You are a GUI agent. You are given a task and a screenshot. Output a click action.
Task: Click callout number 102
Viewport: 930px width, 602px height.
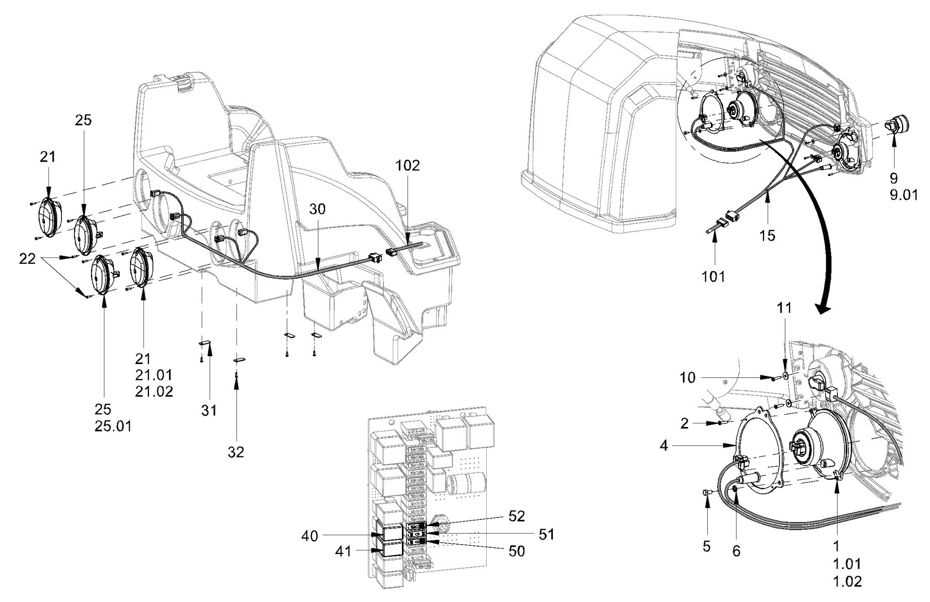pos(408,166)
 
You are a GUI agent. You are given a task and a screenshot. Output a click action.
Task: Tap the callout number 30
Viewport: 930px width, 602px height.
pos(318,209)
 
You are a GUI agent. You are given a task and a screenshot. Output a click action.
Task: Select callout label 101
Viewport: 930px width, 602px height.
pos(714,276)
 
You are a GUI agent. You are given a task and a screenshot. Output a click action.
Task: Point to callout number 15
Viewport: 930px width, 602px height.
pos(768,235)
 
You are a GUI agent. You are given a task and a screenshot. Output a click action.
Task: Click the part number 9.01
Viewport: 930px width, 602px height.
pos(901,196)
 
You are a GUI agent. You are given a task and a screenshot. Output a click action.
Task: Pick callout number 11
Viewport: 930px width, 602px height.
pos(784,308)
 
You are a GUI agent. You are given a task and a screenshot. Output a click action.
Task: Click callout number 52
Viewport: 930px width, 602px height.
pos(516,516)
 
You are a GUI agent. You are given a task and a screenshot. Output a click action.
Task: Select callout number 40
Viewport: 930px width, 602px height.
pos(311,536)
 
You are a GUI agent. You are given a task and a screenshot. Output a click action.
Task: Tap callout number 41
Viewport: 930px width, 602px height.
pos(343,552)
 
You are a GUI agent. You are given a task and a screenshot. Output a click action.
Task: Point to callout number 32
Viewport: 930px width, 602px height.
pos(236,452)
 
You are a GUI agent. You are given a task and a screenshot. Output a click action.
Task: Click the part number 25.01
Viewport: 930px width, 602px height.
pos(113,426)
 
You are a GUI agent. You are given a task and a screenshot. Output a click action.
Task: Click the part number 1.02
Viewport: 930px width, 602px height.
pos(847,581)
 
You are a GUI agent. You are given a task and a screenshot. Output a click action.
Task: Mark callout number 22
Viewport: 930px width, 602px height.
pos(27,258)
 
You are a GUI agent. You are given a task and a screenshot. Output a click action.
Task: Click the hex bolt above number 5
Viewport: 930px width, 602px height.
pos(707,495)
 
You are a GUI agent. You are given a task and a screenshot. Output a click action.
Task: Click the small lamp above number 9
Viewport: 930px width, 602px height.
pos(900,124)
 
